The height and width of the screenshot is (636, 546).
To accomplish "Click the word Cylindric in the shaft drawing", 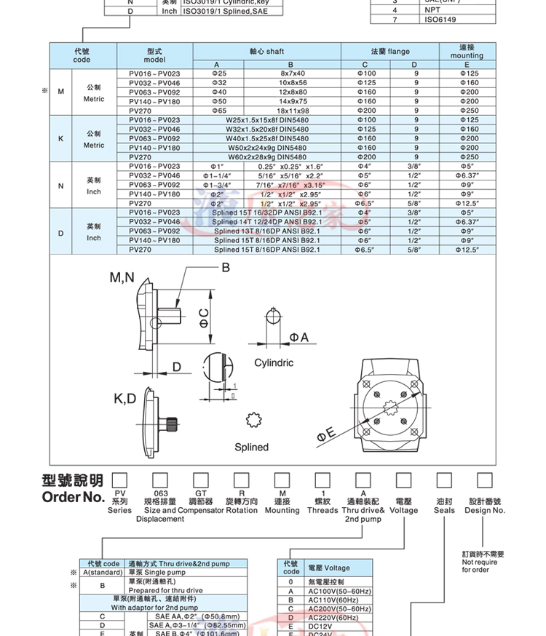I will point(274,362).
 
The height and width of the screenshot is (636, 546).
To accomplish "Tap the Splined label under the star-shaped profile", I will point(251,447).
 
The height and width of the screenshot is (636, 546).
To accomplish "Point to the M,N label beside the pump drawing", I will point(122,277).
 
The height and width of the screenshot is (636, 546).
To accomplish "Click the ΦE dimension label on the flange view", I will point(325,434).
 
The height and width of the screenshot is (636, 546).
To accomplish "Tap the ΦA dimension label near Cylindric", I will point(299,337).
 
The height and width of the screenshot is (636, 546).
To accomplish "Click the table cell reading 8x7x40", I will point(293,73).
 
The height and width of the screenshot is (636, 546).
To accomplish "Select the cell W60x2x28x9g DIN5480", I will point(267,156).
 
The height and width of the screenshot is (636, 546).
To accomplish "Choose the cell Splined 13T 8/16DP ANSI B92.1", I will point(267,231).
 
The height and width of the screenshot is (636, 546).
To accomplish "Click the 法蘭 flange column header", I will point(390,52).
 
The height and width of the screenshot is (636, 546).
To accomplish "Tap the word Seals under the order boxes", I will point(444,510).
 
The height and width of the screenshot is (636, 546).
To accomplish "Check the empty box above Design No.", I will point(485,480).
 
